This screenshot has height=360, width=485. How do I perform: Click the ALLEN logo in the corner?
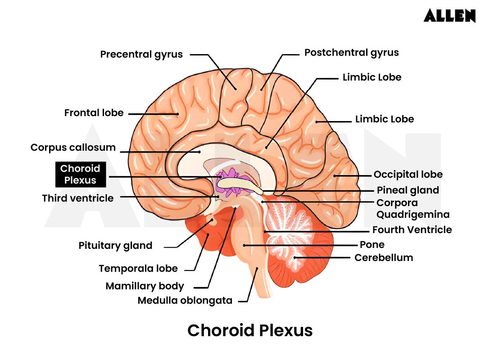click(449, 16)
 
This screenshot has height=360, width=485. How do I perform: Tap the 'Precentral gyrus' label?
click(141, 54)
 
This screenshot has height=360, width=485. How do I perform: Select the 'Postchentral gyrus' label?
click(351, 53)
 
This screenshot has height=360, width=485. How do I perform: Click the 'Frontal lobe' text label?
click(94, 112)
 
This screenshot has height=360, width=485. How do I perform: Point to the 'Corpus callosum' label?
click(73, 148)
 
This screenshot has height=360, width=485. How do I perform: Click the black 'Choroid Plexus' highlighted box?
click(80, 175)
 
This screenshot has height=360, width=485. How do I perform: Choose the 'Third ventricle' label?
click(78, 198)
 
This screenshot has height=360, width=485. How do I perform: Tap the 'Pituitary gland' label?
click(115, 246)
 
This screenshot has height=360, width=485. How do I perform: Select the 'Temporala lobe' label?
click(138, 269)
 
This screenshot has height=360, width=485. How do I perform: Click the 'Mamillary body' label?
click(145, 286)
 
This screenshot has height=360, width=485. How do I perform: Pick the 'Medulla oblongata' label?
click(185, 301)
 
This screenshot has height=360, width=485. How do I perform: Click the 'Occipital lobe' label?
click(408, 175)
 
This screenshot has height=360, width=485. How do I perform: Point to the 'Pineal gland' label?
click(408, 190)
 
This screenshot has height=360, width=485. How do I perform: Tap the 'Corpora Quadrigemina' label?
click(412, 209)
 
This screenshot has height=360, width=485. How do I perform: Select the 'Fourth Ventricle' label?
click(412, 230)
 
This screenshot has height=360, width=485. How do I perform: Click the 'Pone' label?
click(372, 245)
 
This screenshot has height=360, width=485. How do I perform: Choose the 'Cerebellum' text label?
click(383, 258)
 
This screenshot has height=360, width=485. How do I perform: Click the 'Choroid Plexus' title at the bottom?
click(249, 331)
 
